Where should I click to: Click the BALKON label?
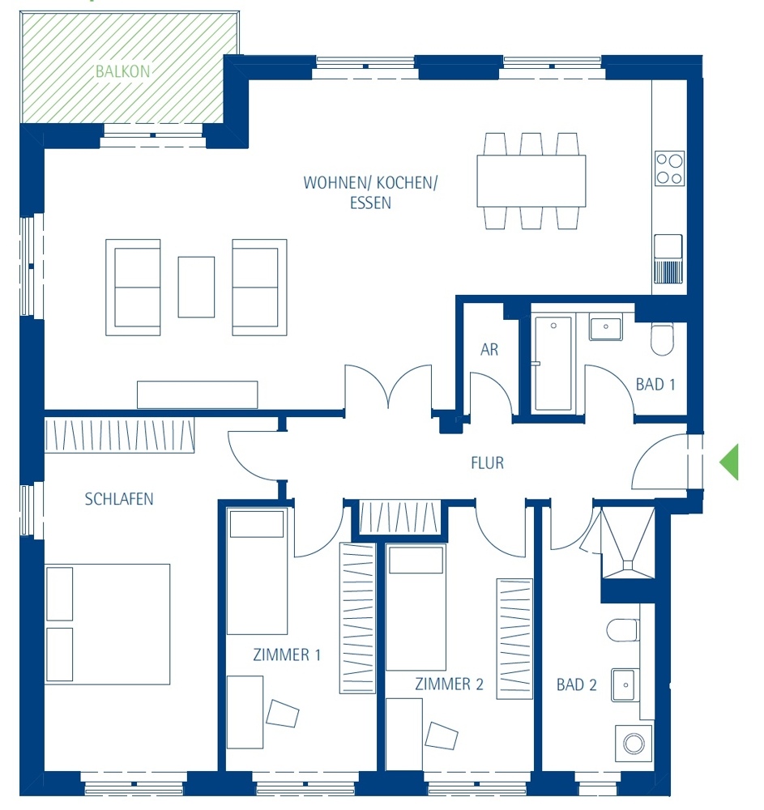[123, 71]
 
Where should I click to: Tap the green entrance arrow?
[729, 462]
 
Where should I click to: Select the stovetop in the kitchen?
[669, 168]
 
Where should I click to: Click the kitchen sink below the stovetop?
[668, 259]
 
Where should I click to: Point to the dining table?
[531, 181]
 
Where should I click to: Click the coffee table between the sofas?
[196, 287]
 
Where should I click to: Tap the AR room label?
[489, 350]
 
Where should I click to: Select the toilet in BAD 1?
[662, 339]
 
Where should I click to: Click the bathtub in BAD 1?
[553, 363]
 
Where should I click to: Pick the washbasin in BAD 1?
[605, 326]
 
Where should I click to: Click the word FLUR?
[487, 463]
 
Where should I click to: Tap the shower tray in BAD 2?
[628, 543]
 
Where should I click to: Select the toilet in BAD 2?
[623, 630]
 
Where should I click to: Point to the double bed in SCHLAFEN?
[108, 624]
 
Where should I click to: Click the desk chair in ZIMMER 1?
[283, 714]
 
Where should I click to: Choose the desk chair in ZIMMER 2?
[442, 736]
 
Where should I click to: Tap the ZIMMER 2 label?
[449, 684]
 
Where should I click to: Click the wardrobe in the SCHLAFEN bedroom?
[119, 436]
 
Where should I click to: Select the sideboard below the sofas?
[198, 394]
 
